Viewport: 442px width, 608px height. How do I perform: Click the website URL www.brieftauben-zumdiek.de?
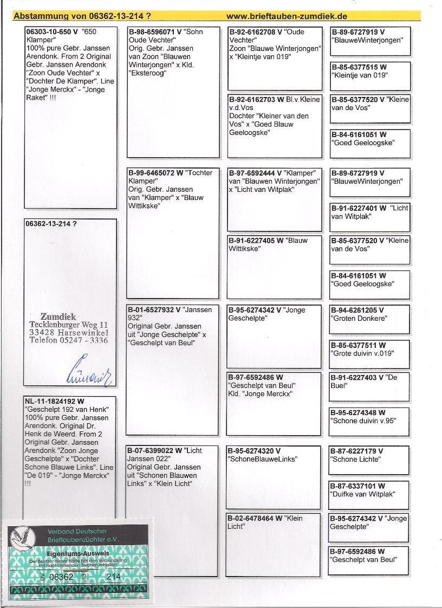[287, 16]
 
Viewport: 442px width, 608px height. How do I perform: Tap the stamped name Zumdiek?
[60, 316]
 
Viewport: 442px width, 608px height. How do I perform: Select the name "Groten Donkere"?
[359, 319]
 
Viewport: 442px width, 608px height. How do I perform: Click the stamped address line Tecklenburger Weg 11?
[69, 324]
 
